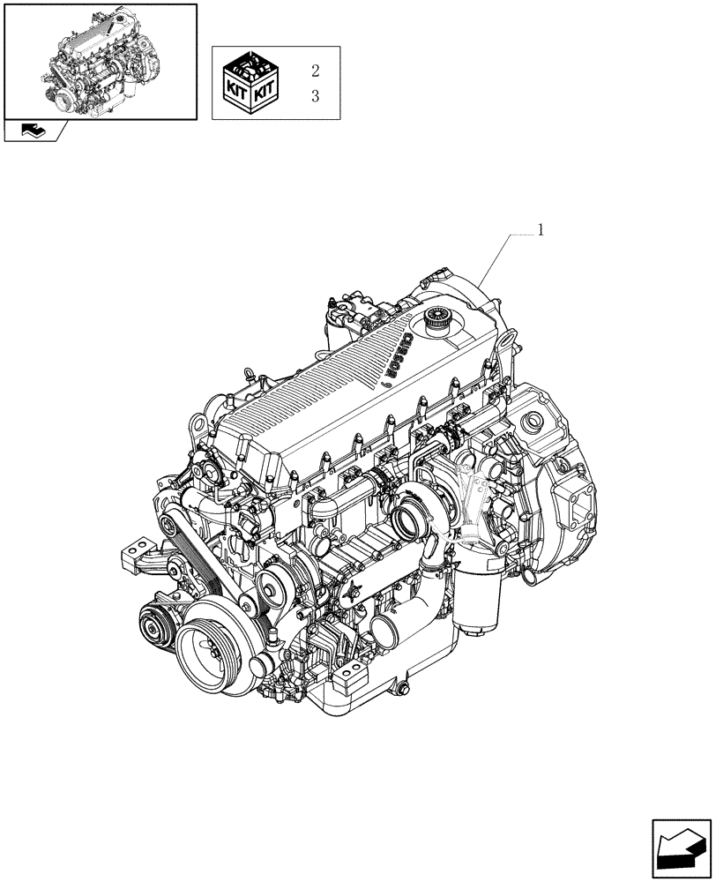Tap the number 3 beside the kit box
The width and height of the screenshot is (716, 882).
point(316,97)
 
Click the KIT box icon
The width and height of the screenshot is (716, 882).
point(250,83)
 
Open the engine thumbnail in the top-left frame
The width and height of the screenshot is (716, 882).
point(99,60)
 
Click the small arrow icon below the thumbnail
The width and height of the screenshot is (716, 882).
point(35,131)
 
